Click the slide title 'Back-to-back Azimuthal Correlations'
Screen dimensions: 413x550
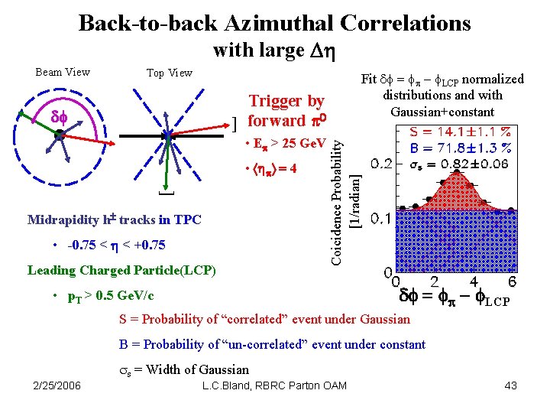[x=274, y=23]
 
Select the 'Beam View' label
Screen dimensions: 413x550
[x=63, y=72]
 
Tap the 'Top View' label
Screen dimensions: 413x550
[x=169, y=73]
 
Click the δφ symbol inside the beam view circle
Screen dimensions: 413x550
[x=60, y=117]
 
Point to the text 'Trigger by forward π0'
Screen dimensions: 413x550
[x=286, y=111]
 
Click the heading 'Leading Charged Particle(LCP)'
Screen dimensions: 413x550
[x=121, y=270]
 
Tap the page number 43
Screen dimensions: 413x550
[x=510, y=385]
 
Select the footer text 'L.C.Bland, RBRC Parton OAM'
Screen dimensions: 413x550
[x=274, y=385]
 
